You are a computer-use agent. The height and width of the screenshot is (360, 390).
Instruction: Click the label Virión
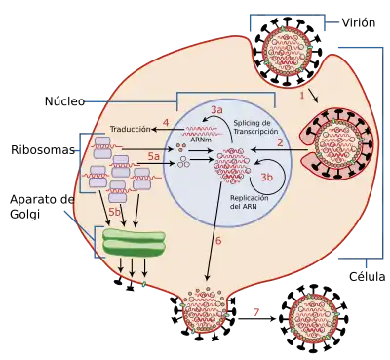359,22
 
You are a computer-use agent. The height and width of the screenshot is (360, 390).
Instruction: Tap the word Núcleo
64,101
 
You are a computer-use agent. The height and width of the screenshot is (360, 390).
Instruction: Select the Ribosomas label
43,150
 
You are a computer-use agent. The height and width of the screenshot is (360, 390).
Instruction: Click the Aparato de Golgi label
42,207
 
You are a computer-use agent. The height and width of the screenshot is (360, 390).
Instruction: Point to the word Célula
368,277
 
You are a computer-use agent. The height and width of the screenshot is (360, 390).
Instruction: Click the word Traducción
131,129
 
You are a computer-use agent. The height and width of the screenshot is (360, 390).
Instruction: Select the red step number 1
302,96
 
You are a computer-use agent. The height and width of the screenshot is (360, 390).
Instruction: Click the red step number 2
280,142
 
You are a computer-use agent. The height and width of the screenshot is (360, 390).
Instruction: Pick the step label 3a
216,110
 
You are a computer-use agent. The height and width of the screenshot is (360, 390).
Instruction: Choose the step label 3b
267,177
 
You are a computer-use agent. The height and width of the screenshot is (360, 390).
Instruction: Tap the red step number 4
166,123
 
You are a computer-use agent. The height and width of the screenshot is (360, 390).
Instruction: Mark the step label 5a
154,156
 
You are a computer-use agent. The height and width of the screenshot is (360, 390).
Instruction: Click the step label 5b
114,212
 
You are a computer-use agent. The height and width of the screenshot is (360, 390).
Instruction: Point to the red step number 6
218,241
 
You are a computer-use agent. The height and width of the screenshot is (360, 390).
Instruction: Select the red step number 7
256,312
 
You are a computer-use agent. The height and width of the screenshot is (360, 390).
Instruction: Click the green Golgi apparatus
134,242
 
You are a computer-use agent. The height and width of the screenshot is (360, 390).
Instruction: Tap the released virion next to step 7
314,319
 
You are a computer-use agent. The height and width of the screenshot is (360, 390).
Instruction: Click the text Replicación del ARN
250,202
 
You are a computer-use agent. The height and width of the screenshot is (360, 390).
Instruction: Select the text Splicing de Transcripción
255,127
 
